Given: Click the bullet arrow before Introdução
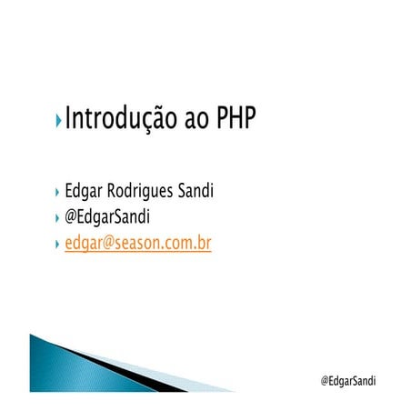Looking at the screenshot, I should pyautogui.click(x=58, y=120).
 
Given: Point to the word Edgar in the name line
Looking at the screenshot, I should pyautogui.click(x=85, y=193).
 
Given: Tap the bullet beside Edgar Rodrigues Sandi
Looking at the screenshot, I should pyautogui.click(x=58, y=192).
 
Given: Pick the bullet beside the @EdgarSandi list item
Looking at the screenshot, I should pyautogui.click(x=58, y=218).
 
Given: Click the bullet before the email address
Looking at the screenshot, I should pyautogui.click(x=58, y=245).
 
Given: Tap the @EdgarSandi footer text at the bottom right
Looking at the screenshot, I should pyautogui.click(x=349, y=380).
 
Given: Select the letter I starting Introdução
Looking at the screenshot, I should pyautogui.click(x=69, y=118).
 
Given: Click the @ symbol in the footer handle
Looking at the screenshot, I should pyautogui.click(x=326, y=380).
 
